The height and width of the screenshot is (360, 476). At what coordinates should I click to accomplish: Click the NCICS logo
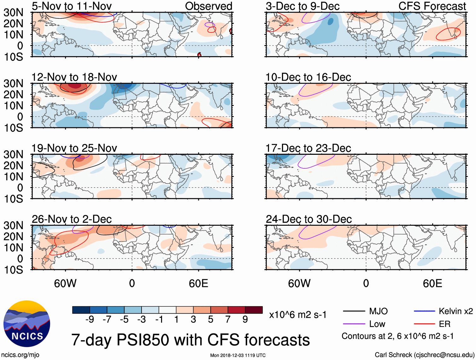[x=27, y=324]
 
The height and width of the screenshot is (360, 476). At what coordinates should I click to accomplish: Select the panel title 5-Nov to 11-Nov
[x=72, y=6]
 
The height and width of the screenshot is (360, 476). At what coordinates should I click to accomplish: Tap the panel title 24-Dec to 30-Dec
[x=309, y=219]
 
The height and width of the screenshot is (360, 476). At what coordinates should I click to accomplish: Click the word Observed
[x=209, y=6]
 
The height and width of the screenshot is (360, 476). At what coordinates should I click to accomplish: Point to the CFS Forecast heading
[x=432, y=6]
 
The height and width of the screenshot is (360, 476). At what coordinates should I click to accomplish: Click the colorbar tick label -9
[x=90, y=320]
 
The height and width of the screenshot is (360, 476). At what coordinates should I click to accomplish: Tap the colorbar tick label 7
[x=228, y=320]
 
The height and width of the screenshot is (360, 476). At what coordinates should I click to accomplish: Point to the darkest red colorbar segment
[x=254, y=310]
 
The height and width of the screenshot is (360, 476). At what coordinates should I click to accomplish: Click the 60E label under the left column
[x=198, y=283]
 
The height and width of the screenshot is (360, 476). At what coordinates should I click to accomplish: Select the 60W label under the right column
[x=299, y=283]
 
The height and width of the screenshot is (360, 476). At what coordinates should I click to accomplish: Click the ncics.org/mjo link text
[x=20, y=355]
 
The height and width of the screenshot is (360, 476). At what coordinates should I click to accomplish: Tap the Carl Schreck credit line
[x=424, y=355]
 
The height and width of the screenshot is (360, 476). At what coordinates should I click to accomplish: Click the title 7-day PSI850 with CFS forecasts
[x=190, y=340]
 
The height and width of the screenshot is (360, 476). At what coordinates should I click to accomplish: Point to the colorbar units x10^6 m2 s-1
[x=298, y=315]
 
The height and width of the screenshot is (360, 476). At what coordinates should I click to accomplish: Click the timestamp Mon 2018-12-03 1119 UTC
[x=238, y=356]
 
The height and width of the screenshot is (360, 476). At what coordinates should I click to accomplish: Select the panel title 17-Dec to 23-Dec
[x=308, y=148]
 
